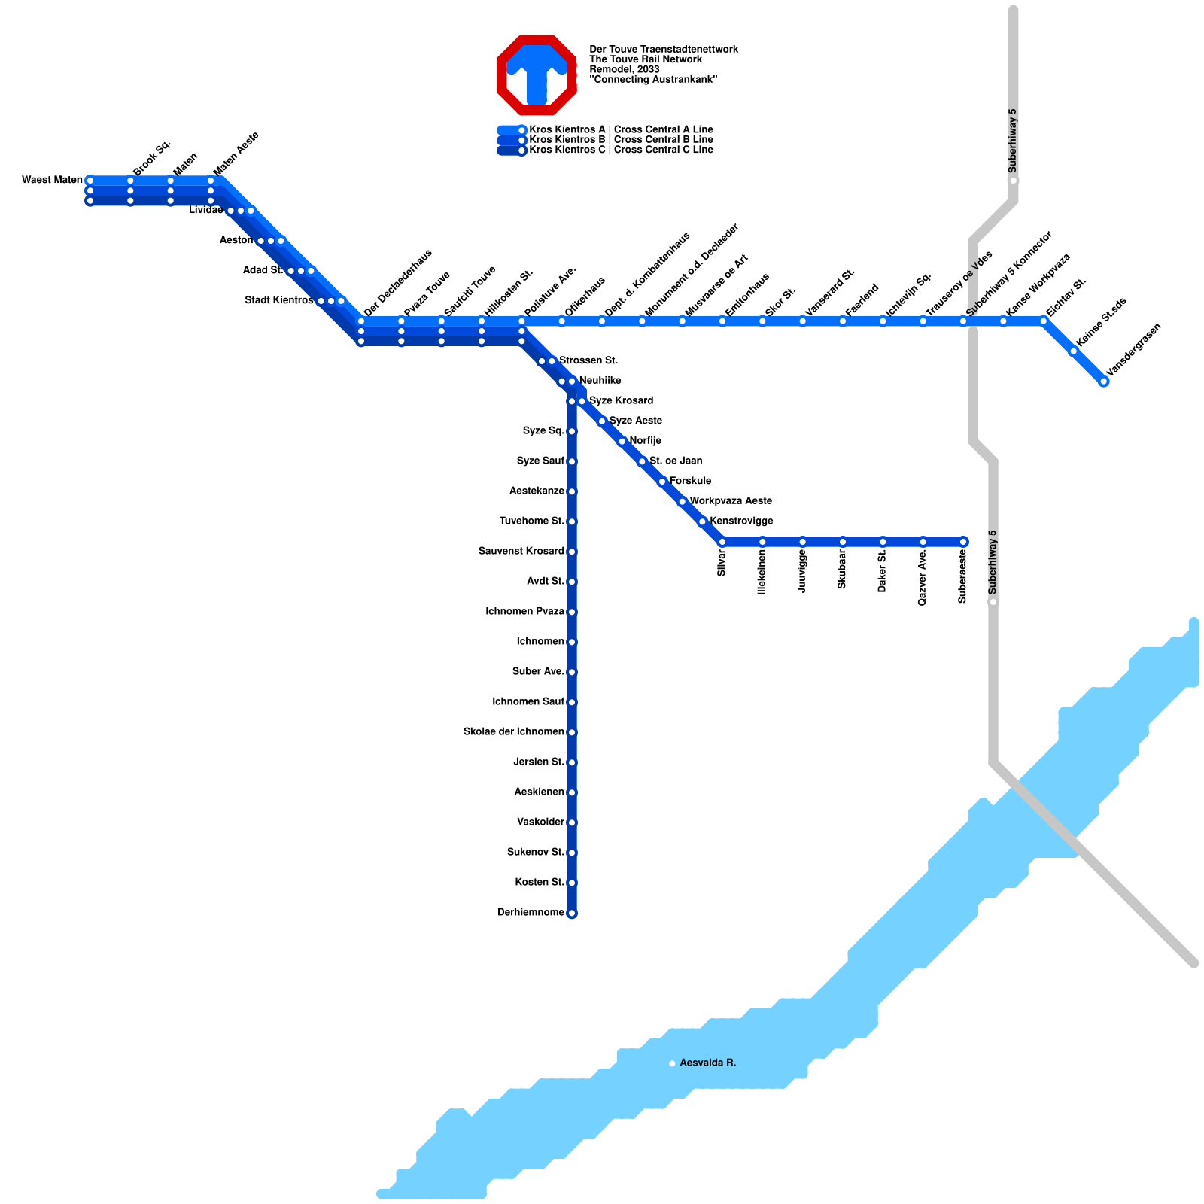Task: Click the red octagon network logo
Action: pos(537,75)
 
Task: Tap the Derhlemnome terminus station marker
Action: pos(572,914)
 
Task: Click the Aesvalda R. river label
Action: pos(707,1063)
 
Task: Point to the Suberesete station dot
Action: pos(963,542)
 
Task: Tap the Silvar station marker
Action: pos(722,542)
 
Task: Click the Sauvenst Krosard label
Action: pos(521,552)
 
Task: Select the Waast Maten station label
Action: pos(52,180)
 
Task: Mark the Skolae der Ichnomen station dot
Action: pos(572,733)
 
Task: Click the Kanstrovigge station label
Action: pos(741,521)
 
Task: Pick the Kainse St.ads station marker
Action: pos(1074,351)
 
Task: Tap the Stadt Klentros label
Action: pos(279,301)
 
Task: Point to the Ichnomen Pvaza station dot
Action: pos(572,613)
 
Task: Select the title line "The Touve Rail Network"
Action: pos(646,59)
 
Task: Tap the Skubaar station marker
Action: pos(843,542)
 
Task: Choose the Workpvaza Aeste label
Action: pos(731,501)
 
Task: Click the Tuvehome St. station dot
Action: pos(572,522)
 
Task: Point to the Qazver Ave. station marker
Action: pos(923,542)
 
